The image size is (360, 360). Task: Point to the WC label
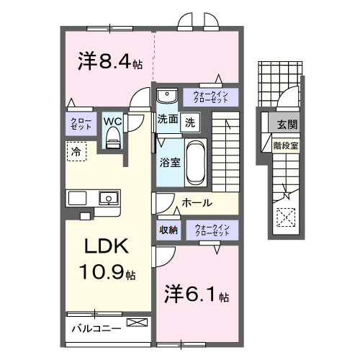point(112,121)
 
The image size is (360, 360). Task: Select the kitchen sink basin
point(108,197)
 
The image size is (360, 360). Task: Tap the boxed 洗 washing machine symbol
point(189,121)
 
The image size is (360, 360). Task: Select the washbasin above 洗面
point(167,95)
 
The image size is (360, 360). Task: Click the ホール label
point(197,203)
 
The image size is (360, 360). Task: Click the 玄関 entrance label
point(288,125)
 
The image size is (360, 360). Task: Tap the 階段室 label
point(287,145)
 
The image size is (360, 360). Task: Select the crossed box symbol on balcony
point(135,324)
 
